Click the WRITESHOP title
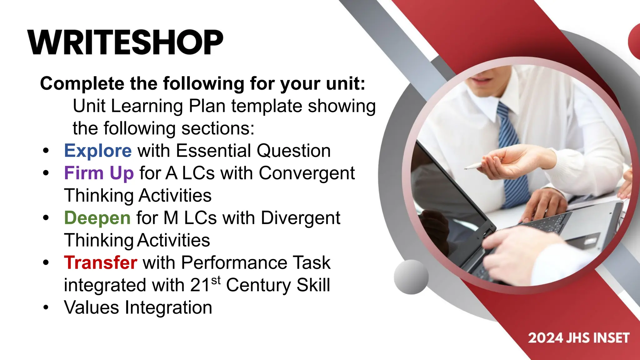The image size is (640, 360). [x=125, y=42]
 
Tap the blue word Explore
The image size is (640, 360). [x=98, y=151]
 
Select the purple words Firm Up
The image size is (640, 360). [x=99, y=173]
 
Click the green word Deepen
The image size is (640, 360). [x=97, y=218]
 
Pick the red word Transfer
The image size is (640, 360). [x=100, y=262]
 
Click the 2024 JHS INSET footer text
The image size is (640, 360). [x=578, y=338]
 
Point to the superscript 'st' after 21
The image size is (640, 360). [x=216, y=280]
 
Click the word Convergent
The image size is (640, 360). [x=307, y=173]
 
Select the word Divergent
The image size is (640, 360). [x=300, y=218]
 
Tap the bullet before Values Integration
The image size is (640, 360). [x=46, y=307]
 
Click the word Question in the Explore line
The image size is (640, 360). [x=294, y=151]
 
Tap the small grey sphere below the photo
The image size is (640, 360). [x=411, y=277]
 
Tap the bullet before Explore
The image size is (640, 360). [x=46, y=151]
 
